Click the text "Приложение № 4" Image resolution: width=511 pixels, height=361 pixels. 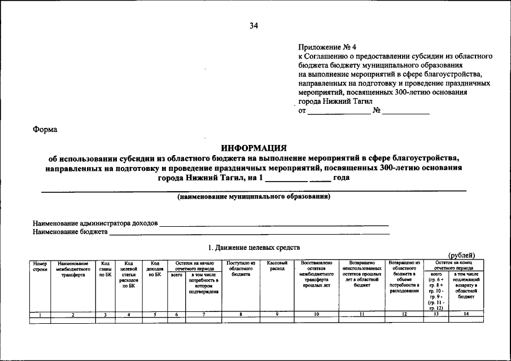[x=327, y=47]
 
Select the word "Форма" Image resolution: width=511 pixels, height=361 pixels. [x=45, y=129]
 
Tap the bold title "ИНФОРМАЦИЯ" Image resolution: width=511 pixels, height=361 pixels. [x=254, y=148]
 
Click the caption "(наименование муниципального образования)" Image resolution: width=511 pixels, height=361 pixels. [x=254, y=197]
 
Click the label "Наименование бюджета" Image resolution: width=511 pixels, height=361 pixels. [x=70, y=231]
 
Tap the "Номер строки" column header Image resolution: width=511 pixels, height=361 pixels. [x=40, y=266]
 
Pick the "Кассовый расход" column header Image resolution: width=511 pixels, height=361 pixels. [x=277, y=266]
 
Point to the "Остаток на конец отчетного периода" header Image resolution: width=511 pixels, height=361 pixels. [x=453, y=266]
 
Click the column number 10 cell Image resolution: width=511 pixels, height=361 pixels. [x=317, y=314]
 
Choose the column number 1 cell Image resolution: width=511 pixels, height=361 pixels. [x=40, y=314]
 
